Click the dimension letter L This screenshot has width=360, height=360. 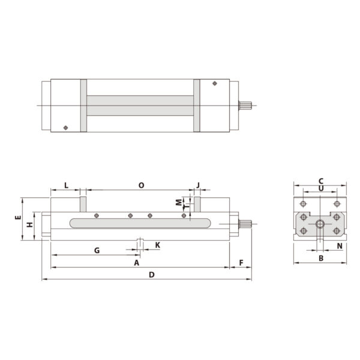pyautogui.click(x=66, y=185)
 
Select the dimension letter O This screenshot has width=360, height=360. pyautogui.click(x=141, y=185)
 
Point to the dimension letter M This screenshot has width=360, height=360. pyautogui.click(x=178, y=202)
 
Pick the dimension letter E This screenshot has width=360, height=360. pyautogui.click(x=18, y=218)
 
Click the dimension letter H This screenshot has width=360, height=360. pyautogui.click(x=29, y=226)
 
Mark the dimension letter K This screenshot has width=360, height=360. pyautogui.click(x=157, y=245)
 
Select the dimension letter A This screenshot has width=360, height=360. pyautogui.click(x=136, y=263)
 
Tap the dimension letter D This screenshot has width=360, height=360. pyautogui.click(x=152, y=275)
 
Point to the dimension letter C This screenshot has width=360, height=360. pyautogui.click(x=321, y=180)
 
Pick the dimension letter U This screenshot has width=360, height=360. pyautogui.click(x=321, y=188)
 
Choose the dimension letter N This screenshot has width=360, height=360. pyautogui.click(x=339, y=246)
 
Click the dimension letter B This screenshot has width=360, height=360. pyautogui.click(x=321, y=259)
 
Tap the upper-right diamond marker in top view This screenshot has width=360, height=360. pyautogui.click(x=215, y=84)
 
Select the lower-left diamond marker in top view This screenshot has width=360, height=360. pyautogui.click(x=65, y=127)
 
